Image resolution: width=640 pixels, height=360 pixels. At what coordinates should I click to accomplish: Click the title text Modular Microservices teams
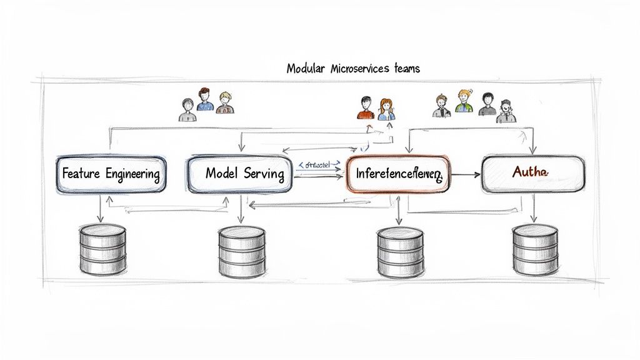pos(353,68)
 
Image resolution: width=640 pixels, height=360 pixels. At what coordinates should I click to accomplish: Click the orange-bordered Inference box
pos(397,173)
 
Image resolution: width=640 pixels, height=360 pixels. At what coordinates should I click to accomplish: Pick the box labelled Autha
pos(533,172)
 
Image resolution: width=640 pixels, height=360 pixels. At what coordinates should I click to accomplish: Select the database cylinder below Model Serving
pos(242,252)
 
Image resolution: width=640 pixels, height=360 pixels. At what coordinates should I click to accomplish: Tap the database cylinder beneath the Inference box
pos(400,252)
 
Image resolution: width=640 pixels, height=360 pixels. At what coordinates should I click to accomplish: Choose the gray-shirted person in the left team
pos(186,110)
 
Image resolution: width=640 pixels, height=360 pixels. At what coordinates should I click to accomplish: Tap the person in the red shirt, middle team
pos(366,108)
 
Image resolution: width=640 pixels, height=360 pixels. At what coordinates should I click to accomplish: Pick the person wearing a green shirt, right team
pos(463,102)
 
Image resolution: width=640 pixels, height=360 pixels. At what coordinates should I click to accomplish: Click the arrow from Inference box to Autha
pos(466,173)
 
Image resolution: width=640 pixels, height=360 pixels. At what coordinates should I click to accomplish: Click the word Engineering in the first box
pos(132,174)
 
